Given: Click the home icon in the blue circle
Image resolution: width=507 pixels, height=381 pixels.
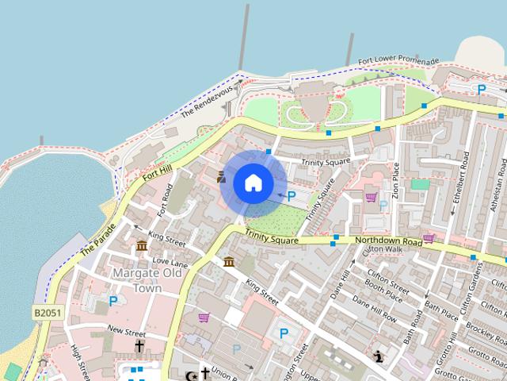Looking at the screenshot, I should tap(253, 183).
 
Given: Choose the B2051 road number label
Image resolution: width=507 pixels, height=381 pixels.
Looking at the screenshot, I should tap(48, 314).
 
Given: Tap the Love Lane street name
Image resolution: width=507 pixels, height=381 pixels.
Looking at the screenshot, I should tap(170, 262).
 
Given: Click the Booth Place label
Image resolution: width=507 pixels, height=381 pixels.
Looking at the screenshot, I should tap(384, 290).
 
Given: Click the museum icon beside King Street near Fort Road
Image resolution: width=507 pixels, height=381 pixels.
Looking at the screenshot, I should tap(142, 246).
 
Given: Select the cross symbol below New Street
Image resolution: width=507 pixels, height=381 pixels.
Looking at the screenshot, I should tap(139, 347).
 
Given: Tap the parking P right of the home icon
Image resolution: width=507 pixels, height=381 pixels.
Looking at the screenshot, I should tap(291, 196).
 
